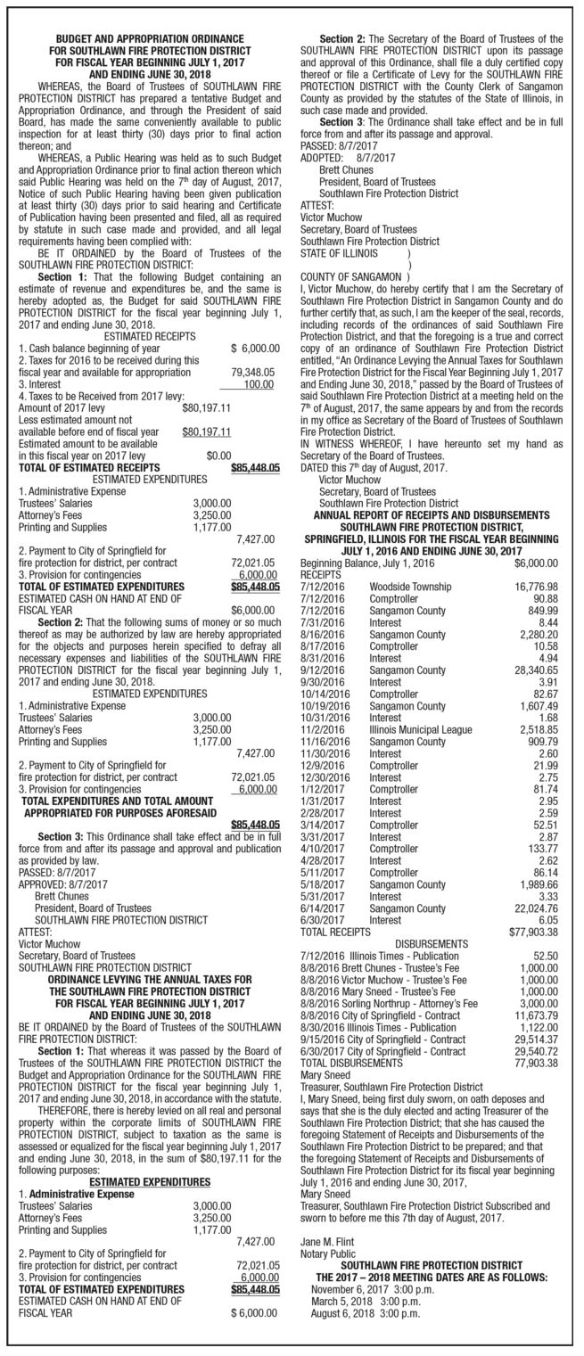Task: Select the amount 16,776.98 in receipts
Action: (x=536, y=586)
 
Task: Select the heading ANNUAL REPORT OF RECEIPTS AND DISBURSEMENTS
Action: (x=431, y=515)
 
